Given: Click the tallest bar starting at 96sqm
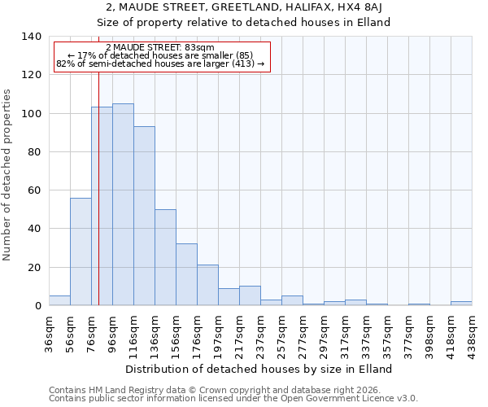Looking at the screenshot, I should tap(123, 204).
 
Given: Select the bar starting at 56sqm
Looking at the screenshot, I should tap(81, 252).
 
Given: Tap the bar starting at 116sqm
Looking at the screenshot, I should tap(144, 216).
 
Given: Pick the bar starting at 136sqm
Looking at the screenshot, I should tap(165, 257).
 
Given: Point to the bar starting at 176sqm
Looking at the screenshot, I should tap(207, 285).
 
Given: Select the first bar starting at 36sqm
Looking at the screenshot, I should tap(59, 300).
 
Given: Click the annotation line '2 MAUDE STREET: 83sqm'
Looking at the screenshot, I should tap(160, 48).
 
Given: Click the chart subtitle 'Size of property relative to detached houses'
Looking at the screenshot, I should tap(244, 22).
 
